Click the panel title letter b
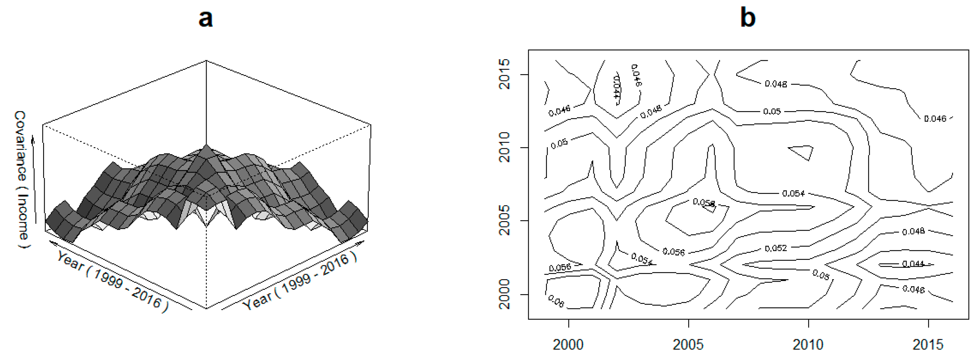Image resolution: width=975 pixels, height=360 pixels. pyautogui.click(x=748, y=18)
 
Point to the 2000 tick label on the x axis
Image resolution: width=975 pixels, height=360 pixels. pyautogui.click(x=568, y=345)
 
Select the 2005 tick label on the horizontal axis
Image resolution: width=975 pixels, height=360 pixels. pyautogui.click(x=688, y=345)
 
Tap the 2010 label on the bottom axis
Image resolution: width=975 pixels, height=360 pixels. pyautogui.click(x=808, y=345)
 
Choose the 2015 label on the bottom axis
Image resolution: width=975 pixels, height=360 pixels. pyautogui.click(x=928, y=345)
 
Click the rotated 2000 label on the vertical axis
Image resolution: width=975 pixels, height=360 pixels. pyautogui.click(x=504, y=294)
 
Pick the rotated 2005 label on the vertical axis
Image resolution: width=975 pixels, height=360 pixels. pyautogui.click(x=504, y=220)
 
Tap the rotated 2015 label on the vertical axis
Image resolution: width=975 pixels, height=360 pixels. pyautogui.click(x=504, y=74)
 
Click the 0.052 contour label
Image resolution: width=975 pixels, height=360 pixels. pyautogui.click(x=776, y=248)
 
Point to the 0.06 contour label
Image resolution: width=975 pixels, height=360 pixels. pyautogui.click(x=556, y=301)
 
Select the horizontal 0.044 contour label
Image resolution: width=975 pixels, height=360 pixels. pyautogui.click(x=913, y=264)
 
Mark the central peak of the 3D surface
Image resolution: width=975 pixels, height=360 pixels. pyautogui.click(x=206, y=146)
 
